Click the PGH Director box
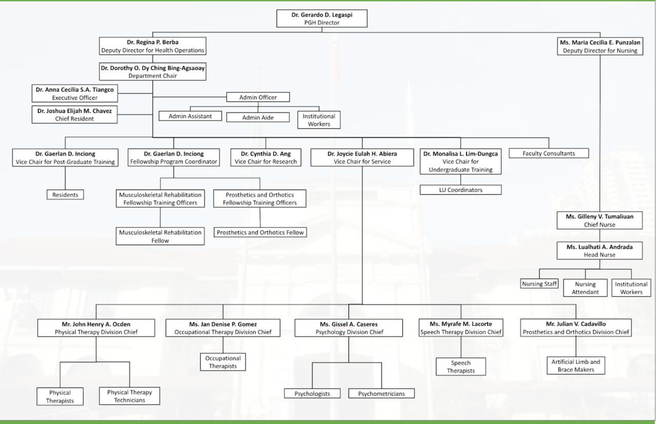tap(322, 19)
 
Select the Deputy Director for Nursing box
tap(600, 47)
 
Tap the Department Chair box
tap(153, 72)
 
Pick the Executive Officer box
tap(74, 94)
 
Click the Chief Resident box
tap(74, 114)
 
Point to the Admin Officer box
tap(258, 97)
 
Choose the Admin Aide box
tap(258, 118)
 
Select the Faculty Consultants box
tap(548, 153)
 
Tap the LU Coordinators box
tap(460, 190)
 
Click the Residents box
tap(65, 195)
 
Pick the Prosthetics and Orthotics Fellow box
tap(260, 232)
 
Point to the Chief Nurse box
tap(599, 220)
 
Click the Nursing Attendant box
tap(585, 288)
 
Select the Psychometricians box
tap(381, 394)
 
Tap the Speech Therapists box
tap(460, 367)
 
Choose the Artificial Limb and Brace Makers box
tap(576, 366)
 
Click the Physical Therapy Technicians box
tap(130, 396)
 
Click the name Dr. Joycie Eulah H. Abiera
tap(362, 154)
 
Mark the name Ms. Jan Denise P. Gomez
tap(223, 324)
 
